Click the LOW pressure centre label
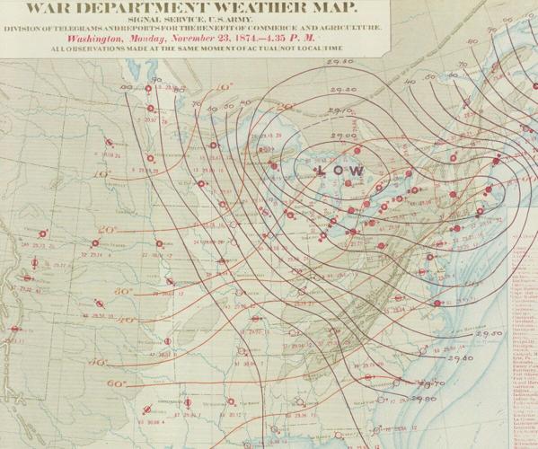[x=340, y=171]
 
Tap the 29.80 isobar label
[x=426, y=399]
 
